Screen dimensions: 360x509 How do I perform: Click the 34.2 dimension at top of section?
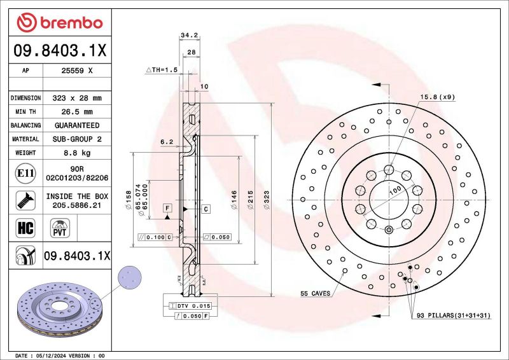(188, 36)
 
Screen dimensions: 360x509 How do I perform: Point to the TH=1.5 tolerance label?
(164, 70)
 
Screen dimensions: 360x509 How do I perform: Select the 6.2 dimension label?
(167, 141)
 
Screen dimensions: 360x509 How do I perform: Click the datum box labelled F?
(167, 208)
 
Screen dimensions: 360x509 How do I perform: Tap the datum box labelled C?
(206, 209)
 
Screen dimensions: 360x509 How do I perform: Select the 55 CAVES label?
(316, 294)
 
